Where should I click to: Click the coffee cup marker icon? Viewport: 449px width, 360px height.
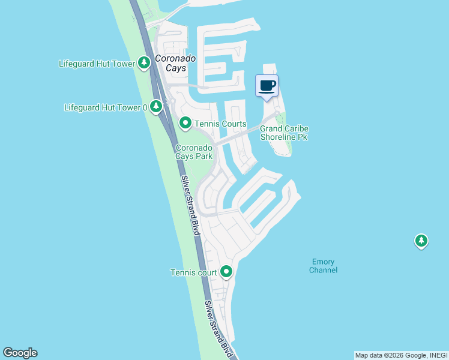pos(267,85)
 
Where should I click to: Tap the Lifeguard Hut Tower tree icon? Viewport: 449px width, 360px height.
pos(143,62)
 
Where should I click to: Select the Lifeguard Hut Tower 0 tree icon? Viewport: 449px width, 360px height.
pos(156,107)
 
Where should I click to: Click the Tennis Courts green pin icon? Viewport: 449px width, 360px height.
pos(185,124)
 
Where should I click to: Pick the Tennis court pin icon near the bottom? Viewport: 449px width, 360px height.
pos(226,272)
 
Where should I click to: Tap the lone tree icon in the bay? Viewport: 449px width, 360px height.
pos(421,241)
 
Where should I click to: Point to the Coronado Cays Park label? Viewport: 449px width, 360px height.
pos(194,152)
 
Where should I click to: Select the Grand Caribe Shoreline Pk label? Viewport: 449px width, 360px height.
pos(283,133)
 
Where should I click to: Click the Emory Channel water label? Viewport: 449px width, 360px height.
pos(324,266)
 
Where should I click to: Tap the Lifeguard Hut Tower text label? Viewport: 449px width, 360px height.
pos(97,63)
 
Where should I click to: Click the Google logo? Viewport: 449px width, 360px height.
pos(20,353)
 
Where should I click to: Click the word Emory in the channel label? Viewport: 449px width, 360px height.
pos(324,262)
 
